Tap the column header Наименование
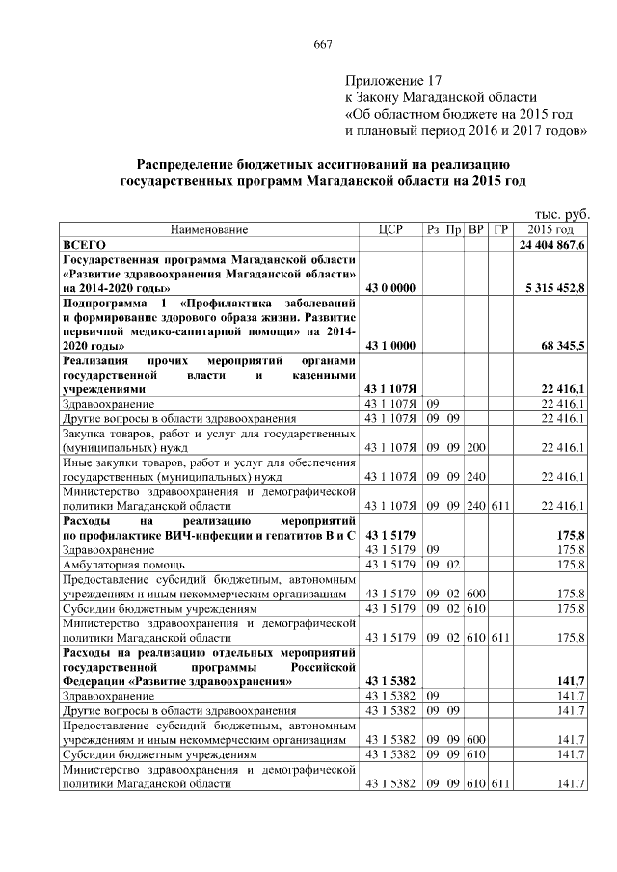pyautogui.click(x=209, y=230)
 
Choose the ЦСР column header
pyautogui.click(x=389, y=230)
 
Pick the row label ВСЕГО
pyautogui.click(x=84, y=246)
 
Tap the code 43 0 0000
pyautogui.click(x=389, y=287)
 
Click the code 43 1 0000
pyautogui.click(x=389, y=344)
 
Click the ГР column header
pyautogui.click(x=499, y=230)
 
